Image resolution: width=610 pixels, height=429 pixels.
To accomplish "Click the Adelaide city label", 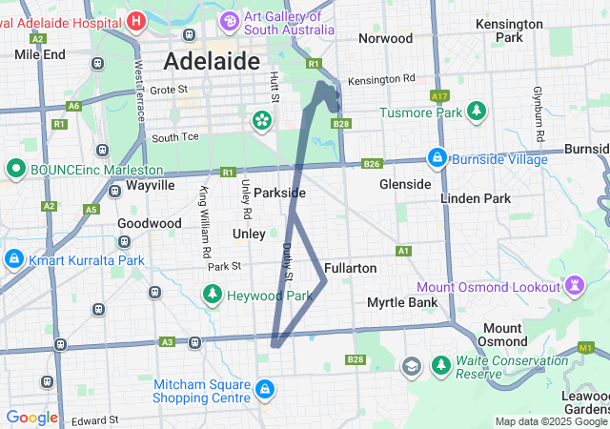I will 212,61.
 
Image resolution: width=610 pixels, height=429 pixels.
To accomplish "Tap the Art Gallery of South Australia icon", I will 230,19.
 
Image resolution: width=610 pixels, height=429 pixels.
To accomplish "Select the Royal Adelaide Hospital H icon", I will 136,19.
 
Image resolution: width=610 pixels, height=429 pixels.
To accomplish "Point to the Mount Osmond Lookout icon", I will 575,285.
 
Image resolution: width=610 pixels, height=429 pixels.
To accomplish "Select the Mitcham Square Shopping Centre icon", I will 264,391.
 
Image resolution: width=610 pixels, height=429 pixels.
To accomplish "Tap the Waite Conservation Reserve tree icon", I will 441,365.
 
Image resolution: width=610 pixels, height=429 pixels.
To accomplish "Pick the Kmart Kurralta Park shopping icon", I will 14,258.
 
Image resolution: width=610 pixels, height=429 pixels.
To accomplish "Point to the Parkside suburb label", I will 279,193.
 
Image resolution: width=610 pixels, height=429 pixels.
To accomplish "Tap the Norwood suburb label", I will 385,38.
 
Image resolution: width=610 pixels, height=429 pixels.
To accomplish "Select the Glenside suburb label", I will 405,183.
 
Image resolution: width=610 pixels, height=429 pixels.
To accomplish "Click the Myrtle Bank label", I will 402,302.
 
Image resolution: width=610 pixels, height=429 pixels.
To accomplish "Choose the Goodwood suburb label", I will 149,223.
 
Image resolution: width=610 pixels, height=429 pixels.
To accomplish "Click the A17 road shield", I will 439,96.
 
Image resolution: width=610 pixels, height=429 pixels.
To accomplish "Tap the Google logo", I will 31,418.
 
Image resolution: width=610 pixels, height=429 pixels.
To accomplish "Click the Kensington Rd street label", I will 381,78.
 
